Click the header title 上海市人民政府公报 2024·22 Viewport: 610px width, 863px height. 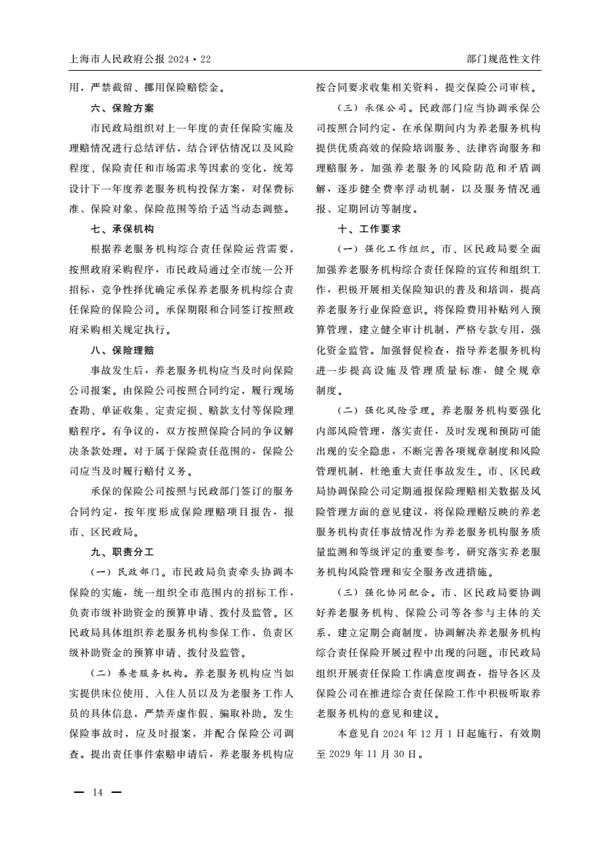click(x=139, y=58)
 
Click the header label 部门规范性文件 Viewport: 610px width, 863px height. click(x=503, y=58)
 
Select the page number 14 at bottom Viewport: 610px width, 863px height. click(x=98, y=792)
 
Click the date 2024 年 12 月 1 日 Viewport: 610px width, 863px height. click(x=432, y=733)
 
